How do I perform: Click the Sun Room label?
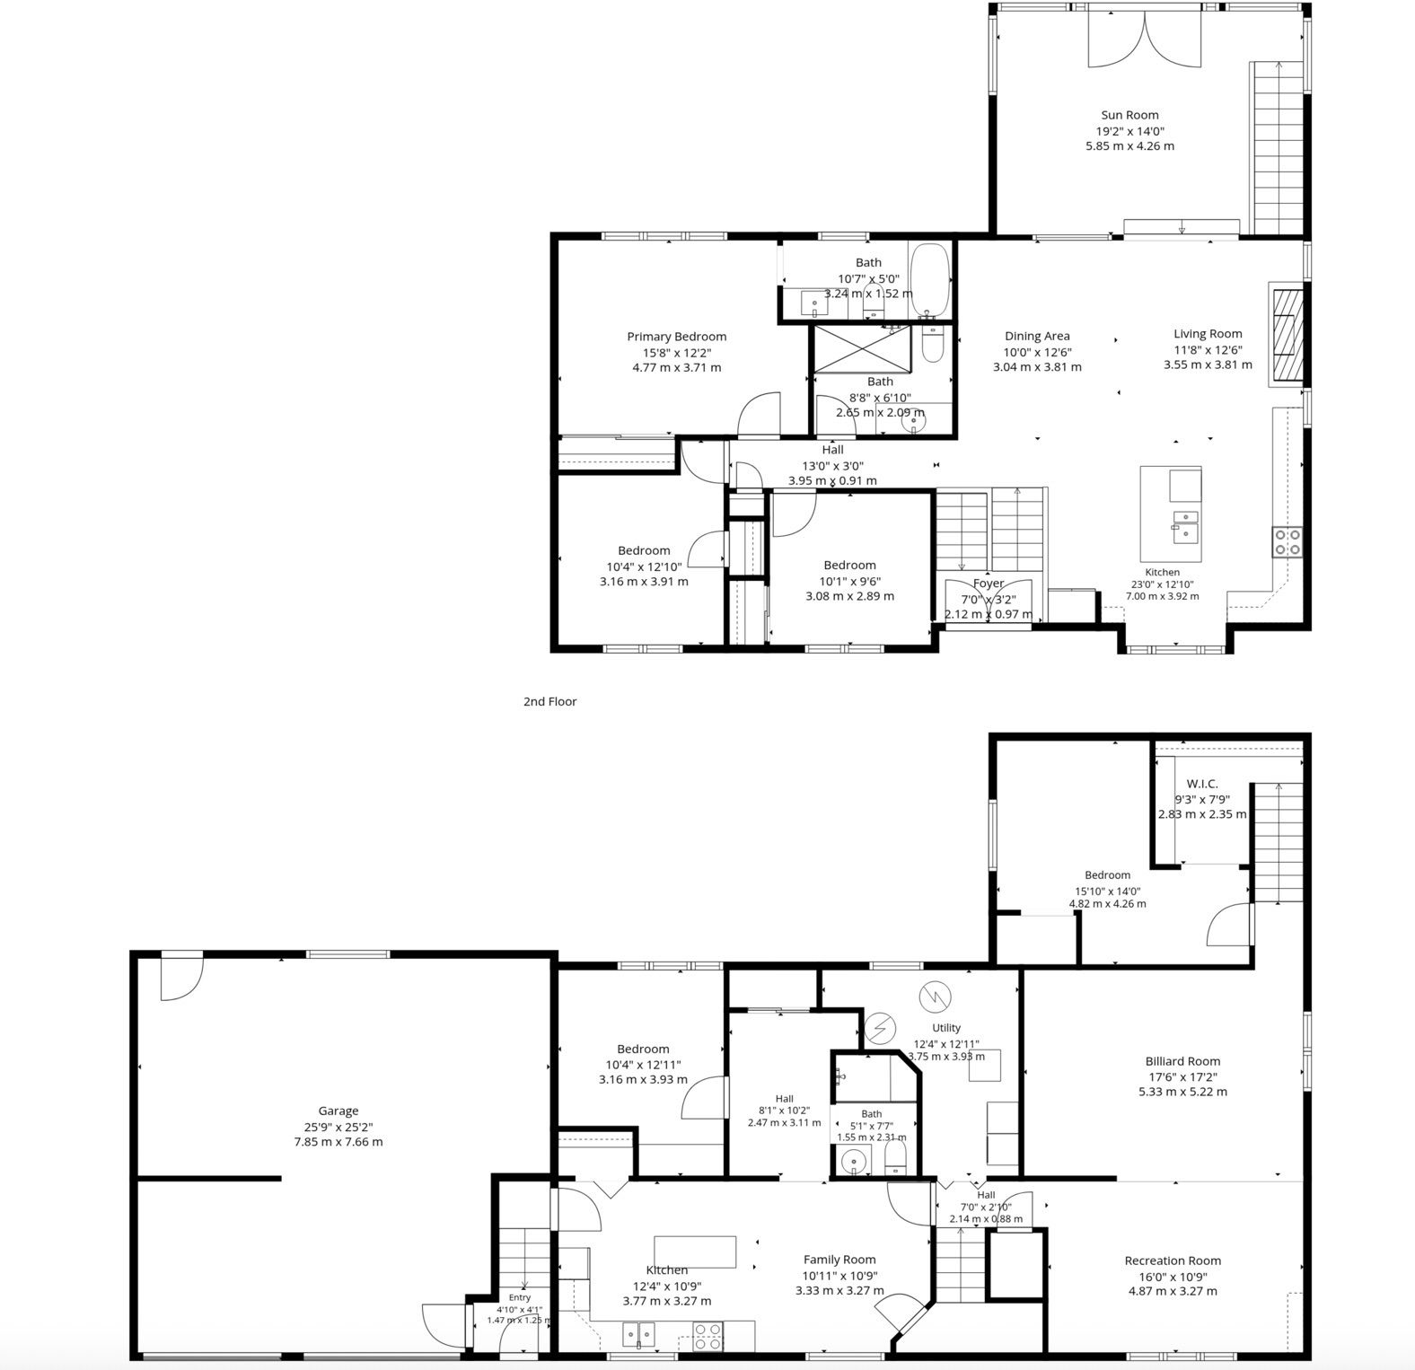(x=1129, y=115)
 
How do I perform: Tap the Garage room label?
(x=338, y=1111)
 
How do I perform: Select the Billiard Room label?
(x=1182, y=1061)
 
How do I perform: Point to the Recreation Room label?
(x=1173, y=1260)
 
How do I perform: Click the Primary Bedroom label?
(x=676, y=337)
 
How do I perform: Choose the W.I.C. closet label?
(x=1201, y=784)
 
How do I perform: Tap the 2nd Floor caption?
(x=549, y=701)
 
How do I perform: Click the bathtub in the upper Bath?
(x=928, y=280)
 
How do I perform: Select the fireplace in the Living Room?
(x=1287, y=335)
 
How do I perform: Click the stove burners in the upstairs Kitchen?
(x=1287, y=540)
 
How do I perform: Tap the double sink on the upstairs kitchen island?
(x=1184, y=525)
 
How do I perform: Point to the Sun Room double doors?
(x=1145, y=39)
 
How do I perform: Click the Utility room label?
(x=946, y=1028)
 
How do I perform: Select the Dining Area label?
(x=1037, y=337)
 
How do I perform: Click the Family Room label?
(x=839, y=1260)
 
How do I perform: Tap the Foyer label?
(x=989, y=584)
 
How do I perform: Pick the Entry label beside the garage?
(x=520, y=1297)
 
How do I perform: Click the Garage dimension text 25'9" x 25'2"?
(x=338, y=1127)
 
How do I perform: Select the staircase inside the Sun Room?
(x=1278, y=148)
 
